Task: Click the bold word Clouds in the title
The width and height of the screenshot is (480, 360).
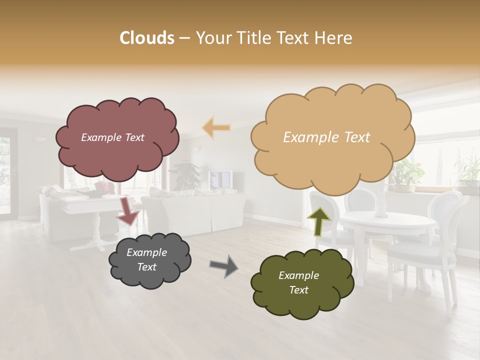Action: coord(147,38)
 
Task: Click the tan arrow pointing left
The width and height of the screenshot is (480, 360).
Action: coord(216,128)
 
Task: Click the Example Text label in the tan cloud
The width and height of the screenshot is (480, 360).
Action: coord(326,137)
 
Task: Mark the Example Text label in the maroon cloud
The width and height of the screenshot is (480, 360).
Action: coord(112,137)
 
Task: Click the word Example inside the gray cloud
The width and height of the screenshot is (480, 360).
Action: coord(146,252)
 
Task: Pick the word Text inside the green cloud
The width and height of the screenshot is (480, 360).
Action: coord(298,290)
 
